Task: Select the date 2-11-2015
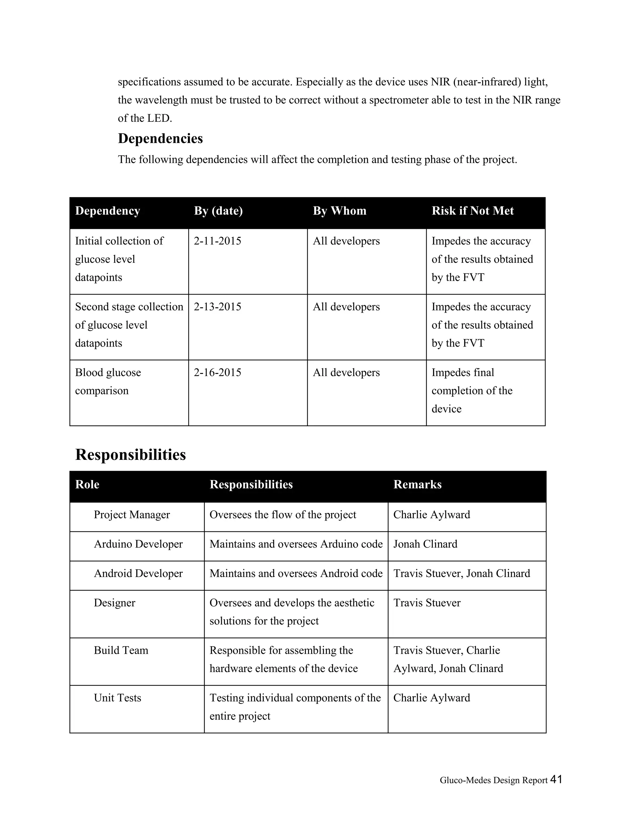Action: pyautogui.click(x=217, y=241)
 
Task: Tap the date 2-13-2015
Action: pyautogui.click(x=217, y=307)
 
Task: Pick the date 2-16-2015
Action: pyautogui.click(x=217, y=372)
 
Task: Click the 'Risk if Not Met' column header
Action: pyautogui.click(x=473, y=211)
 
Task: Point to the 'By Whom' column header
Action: pyautogui.click(x=340, y=211)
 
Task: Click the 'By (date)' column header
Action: pyautogui.click(x=218, y=211)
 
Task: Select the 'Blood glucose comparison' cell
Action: pyautogui.click(x=108, y=382)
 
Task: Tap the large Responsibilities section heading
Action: pyautogui.click(x=131, y=455)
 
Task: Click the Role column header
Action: pyautogui.click(x=87, y=485)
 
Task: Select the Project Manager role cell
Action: pyautogui.click(x=131, y=515)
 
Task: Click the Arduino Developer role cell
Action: pyautogui.click(x=138, y=544)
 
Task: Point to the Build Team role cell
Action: pyautogui.click(x=121, y=650)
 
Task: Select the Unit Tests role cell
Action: pyautogui.click(x=117, y=698)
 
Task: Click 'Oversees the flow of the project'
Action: pyautogui.click(x=283, y=515)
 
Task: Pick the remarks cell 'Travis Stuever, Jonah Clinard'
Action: pyautogui.click(x=461, y=573)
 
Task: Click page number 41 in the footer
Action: pyautogui.click(x=556, y=779)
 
